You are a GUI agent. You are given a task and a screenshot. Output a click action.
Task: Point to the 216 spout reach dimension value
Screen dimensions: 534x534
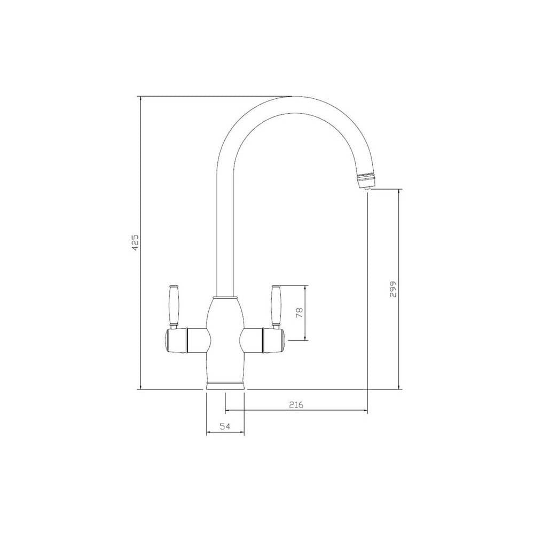click(296, 404)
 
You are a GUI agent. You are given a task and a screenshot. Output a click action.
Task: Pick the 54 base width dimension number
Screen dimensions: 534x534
click(225, 426)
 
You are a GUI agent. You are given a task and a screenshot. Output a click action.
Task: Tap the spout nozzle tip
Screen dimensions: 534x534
click(366, 185)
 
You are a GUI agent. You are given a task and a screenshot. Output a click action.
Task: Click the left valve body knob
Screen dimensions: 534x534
click(182, 341)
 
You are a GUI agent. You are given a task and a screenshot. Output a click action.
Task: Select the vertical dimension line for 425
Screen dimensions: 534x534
click(140, 160)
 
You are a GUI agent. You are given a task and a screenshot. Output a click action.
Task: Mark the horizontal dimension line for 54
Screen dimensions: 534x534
click(225, 433)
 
